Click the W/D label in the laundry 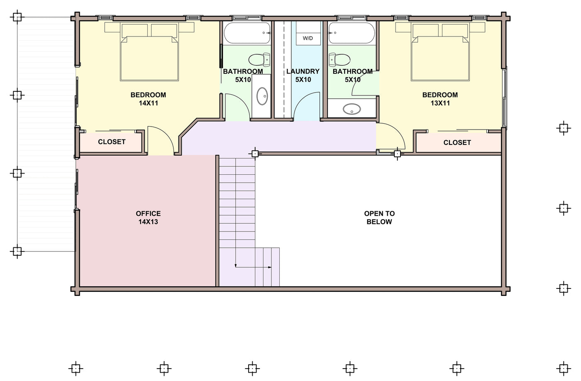[x=308, y=38]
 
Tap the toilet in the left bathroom [x=259, y=59]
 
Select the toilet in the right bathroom [x=339, y=59]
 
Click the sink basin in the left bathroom [x=262, y=96]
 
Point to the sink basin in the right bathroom [x=352, y=109]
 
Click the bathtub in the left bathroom [x=247, y=33]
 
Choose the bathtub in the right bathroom [x=352, y=33]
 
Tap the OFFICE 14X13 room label [x=148, y=217]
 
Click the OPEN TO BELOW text [x=379, y=217]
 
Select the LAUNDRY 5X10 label [x=303, y=76]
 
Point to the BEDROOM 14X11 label [x=148, y=99]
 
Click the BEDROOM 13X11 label [x=440, y=99]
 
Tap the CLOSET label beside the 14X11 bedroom [x=112, y=142]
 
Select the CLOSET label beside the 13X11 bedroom [x=457, y=142]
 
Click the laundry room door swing [x=305, y=98]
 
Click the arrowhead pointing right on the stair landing [x=270, y=267]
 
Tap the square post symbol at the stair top [x=255, y=154]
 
